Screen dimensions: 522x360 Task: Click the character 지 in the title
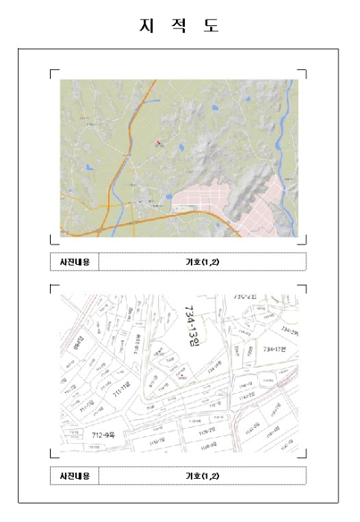(145, 26)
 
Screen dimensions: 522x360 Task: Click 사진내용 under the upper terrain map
(75, 262)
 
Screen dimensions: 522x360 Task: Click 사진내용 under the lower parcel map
(75, 476)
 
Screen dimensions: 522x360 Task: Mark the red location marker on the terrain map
(158, 142)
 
